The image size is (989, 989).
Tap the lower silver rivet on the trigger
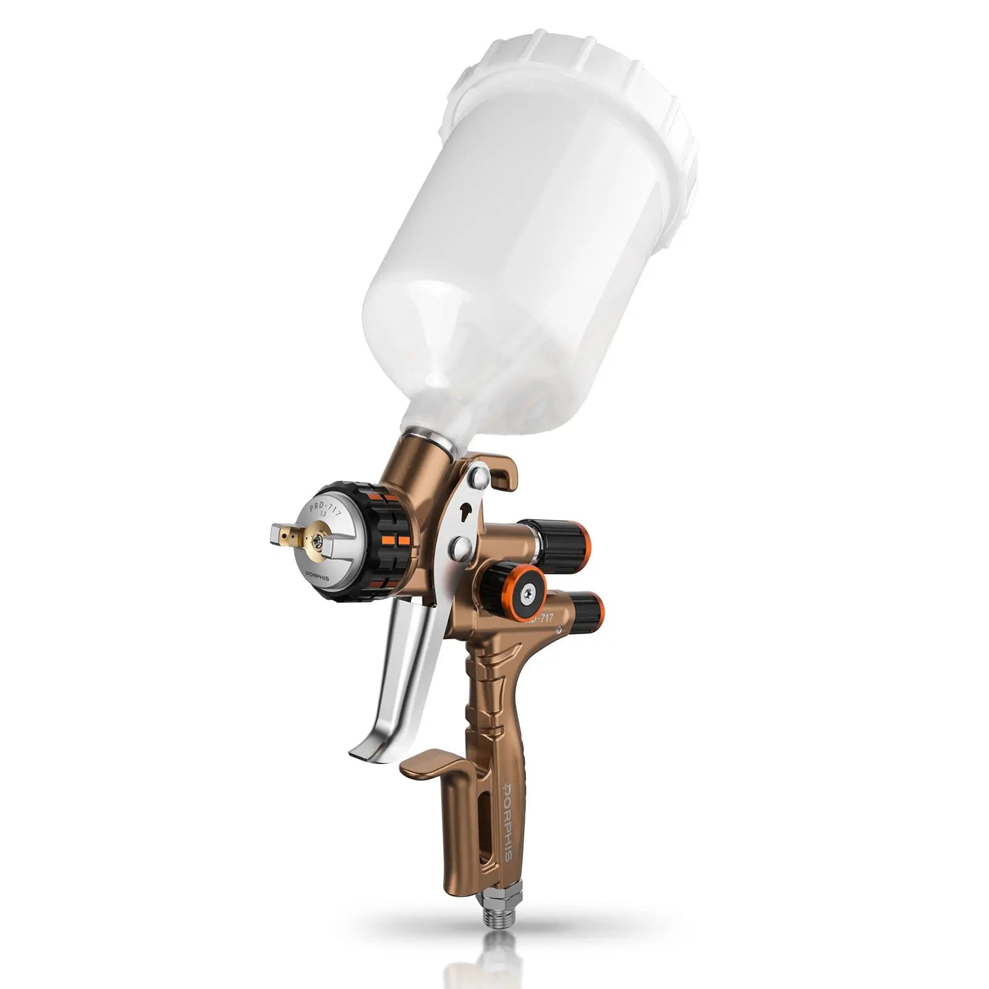pyautogui.click(x=461, y=545)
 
